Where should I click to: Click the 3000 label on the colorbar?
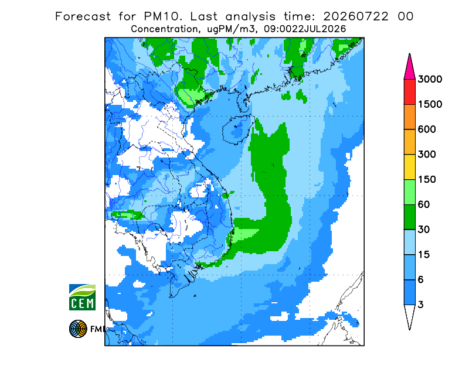pos(430,79)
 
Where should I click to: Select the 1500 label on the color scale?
pos(430,104)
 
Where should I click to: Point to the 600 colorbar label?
pos(427,129)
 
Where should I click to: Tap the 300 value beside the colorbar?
pos(427,155)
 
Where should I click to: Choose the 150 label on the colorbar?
pos(427,180)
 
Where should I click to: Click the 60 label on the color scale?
pos(424,205)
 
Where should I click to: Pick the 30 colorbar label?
pos(424,230)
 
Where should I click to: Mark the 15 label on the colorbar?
pos(424,255)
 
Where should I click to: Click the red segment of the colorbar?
pos(409,92)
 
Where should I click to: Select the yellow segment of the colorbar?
pos(409,167)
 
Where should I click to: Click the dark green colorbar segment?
pos(409,217)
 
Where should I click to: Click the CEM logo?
pos(82,297)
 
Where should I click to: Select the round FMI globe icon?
pos(78,329)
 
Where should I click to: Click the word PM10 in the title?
pos(162,16)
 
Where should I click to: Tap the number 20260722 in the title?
pos(356,16)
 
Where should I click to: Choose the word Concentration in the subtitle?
pos(164,29)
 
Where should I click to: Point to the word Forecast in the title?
pos(83,16)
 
